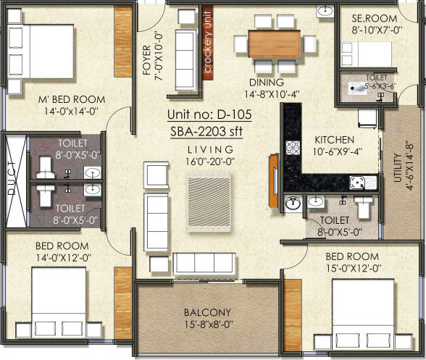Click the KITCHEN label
click(334, 139)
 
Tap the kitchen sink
click(357, 183)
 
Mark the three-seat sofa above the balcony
click(207, 263)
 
